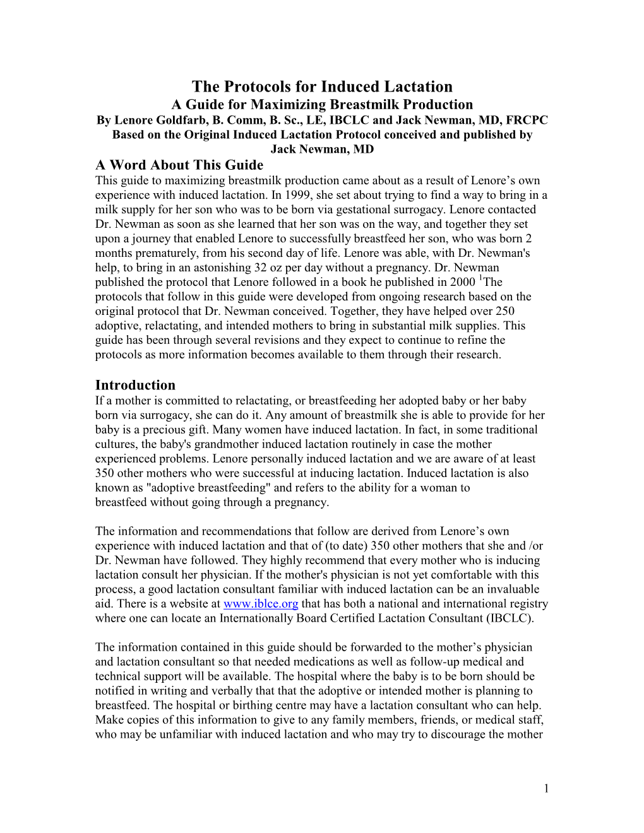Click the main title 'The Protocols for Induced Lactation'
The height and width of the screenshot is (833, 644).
(x=322, y=86)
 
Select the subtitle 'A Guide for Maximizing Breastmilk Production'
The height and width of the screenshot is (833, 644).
(x=322, y=104)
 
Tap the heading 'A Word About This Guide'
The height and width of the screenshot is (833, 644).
(x=179, y=165)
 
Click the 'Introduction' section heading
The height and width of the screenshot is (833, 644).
(x=135, y=385)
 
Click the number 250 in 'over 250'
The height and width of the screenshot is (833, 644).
(x=504, y=311)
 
